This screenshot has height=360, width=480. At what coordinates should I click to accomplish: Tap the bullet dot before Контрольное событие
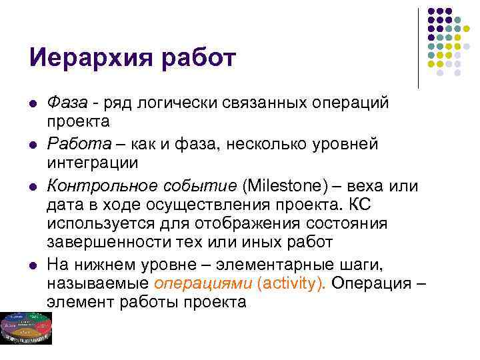pyautogui.click(x=33, y=184)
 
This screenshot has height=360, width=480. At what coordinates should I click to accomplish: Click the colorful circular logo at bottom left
pyautogui.click(x=26, y=327)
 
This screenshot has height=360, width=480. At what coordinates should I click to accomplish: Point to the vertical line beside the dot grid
pyautogui.click(x=418, y=47)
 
